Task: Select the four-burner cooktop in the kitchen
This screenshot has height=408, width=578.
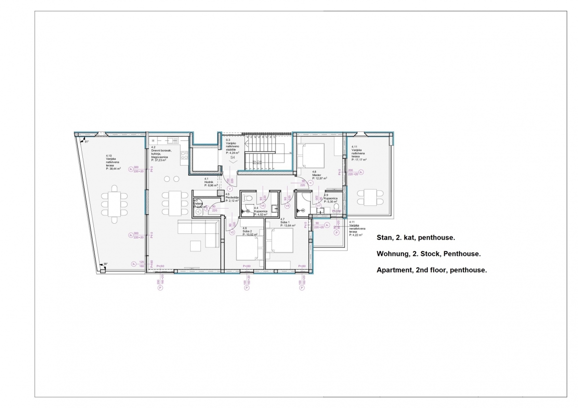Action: click(184, 155)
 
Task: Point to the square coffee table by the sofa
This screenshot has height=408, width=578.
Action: click(195, 245)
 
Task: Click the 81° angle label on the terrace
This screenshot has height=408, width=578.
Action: click(87, 142)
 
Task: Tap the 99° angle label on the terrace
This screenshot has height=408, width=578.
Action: click(105, 264)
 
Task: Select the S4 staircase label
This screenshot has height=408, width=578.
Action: click(233, 157)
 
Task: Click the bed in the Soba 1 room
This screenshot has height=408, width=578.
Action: click(280, 241)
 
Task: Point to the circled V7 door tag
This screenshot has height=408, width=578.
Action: click(318, 205)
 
